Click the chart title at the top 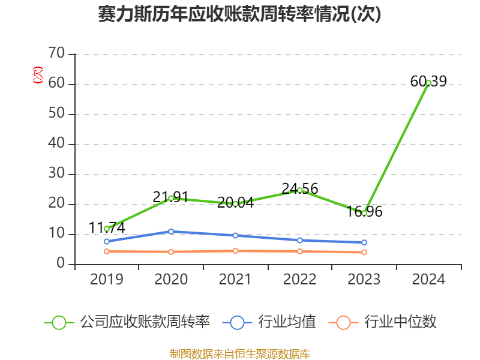(240, 14)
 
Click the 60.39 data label (428, 81)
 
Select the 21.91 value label (171, 197)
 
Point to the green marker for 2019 (107, 229)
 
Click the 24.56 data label (300, 189)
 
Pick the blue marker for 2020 (171, 231)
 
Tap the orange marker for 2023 (364, 252)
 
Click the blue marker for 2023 (364, 242)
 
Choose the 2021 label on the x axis (235, 280)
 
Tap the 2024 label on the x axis (428, 280)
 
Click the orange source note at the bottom (240, 353)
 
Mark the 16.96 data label (364, 212)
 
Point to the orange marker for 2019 (107, 251)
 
